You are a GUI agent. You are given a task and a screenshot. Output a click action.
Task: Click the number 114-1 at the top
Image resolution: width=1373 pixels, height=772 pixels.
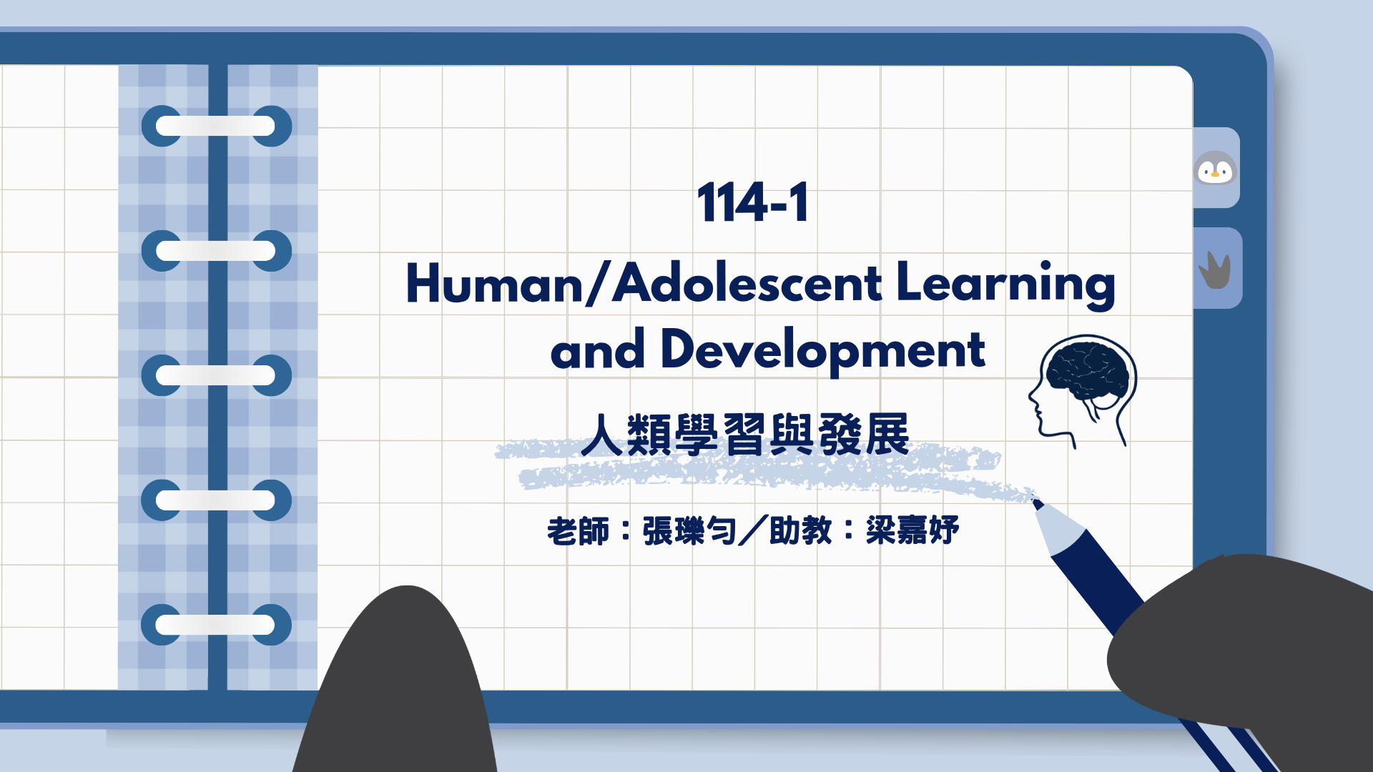pyautogui.click(x=753, y=203)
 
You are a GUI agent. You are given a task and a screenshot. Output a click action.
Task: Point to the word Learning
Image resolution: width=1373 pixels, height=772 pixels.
pyautogui.click(x=1005, y=284)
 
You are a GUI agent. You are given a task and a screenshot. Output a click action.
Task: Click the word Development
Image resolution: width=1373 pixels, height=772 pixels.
pyautogui.click(x=822, y=350)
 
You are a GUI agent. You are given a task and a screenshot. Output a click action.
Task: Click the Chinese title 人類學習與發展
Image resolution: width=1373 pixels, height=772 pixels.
pyautogui.click(x=744, y=435)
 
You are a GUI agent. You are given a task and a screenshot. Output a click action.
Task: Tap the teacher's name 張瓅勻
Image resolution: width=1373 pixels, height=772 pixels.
pyautogui.click(x=689, y=531)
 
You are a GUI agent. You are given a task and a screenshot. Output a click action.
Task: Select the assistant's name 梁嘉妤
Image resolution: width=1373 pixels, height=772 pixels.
pyautogui.click(x=912, y=531)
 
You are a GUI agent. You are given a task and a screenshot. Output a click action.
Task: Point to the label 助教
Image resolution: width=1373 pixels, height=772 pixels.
pyautogui.click(x=800, y=531)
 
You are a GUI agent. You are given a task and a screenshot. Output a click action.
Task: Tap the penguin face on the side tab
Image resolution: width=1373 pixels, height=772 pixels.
pyautogui.click(x=1216, y=169)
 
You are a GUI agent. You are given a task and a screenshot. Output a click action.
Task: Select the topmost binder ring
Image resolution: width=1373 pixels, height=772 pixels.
pyautogui.click(x=216, y=127)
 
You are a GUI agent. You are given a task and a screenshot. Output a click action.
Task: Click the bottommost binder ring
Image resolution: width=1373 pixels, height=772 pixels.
pyautogui.click(x=216, y=625)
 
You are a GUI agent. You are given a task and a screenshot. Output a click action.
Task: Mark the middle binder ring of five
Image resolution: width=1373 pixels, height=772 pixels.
pyautogui.click(x=216, y=375)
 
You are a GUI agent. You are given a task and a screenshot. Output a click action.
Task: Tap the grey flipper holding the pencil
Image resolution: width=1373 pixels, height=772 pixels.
pyautogui.click(x=1244, y=643)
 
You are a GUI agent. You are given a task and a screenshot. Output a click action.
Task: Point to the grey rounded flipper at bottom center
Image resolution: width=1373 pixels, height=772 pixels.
pyautogui.click(x=400, y=686)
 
